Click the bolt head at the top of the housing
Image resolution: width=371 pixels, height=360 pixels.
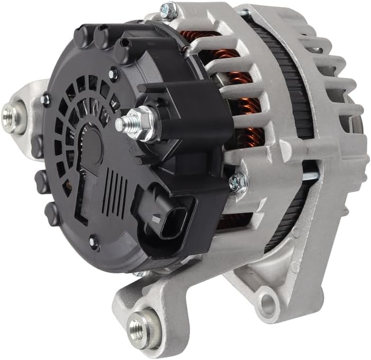click(x=169, y=9)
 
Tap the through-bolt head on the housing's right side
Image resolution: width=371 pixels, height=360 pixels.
click(x=238, y=183)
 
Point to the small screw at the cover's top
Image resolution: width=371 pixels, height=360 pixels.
click(x=113, y=73)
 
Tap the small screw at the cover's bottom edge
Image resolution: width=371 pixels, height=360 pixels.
click(x=94, y=242)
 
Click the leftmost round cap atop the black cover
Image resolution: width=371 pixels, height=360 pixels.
click(x=82, y=36)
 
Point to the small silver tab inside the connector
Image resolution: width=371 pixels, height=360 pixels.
click(x=156, y=218)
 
